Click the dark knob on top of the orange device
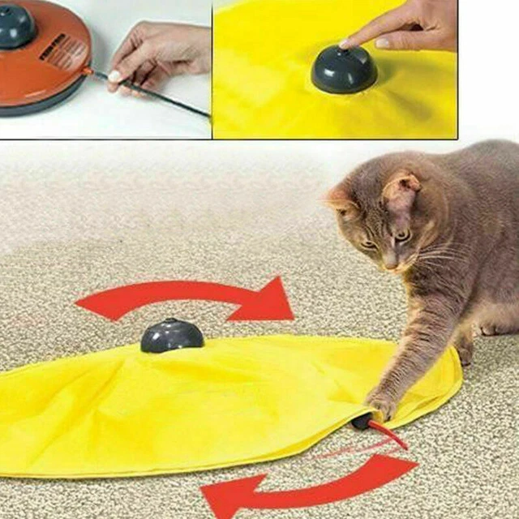pyautogui.click(x=16, y=26)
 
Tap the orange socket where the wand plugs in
pyautogui.click(x=88, y=71)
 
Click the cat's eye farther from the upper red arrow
pyautogui.click(x=402, y=235)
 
